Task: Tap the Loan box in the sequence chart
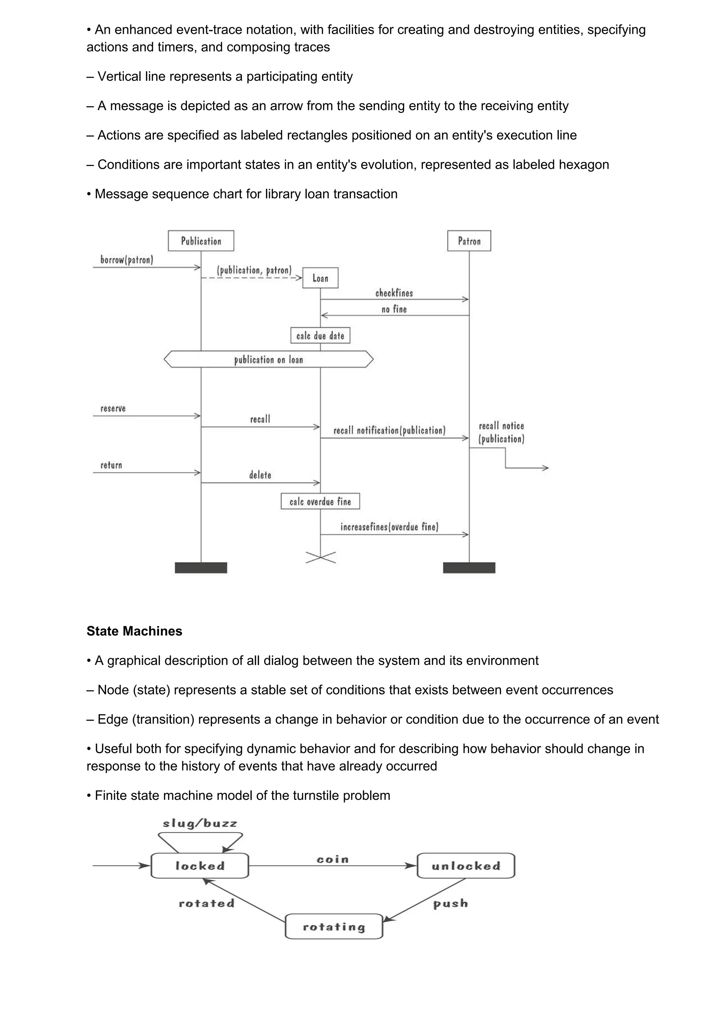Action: point(320,278)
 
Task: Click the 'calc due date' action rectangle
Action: point(320,336)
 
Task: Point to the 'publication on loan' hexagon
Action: point(268,359)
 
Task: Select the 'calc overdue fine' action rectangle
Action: point(320,502)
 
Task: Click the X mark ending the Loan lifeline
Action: point(321,557)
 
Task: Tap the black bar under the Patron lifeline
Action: point(469,567)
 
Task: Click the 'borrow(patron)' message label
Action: point(127,260)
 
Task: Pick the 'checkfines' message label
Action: point(394,293)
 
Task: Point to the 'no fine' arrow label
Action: point(394,309)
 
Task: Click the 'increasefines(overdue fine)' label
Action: point(389,527)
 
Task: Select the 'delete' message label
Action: point(260,475)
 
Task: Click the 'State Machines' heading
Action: point(134,631)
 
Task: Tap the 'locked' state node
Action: point(200,866)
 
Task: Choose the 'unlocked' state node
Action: point(466,866)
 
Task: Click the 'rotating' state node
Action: point(334,927)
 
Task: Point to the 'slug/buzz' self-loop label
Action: point(200,824)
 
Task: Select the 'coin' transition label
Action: point(333,859)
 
